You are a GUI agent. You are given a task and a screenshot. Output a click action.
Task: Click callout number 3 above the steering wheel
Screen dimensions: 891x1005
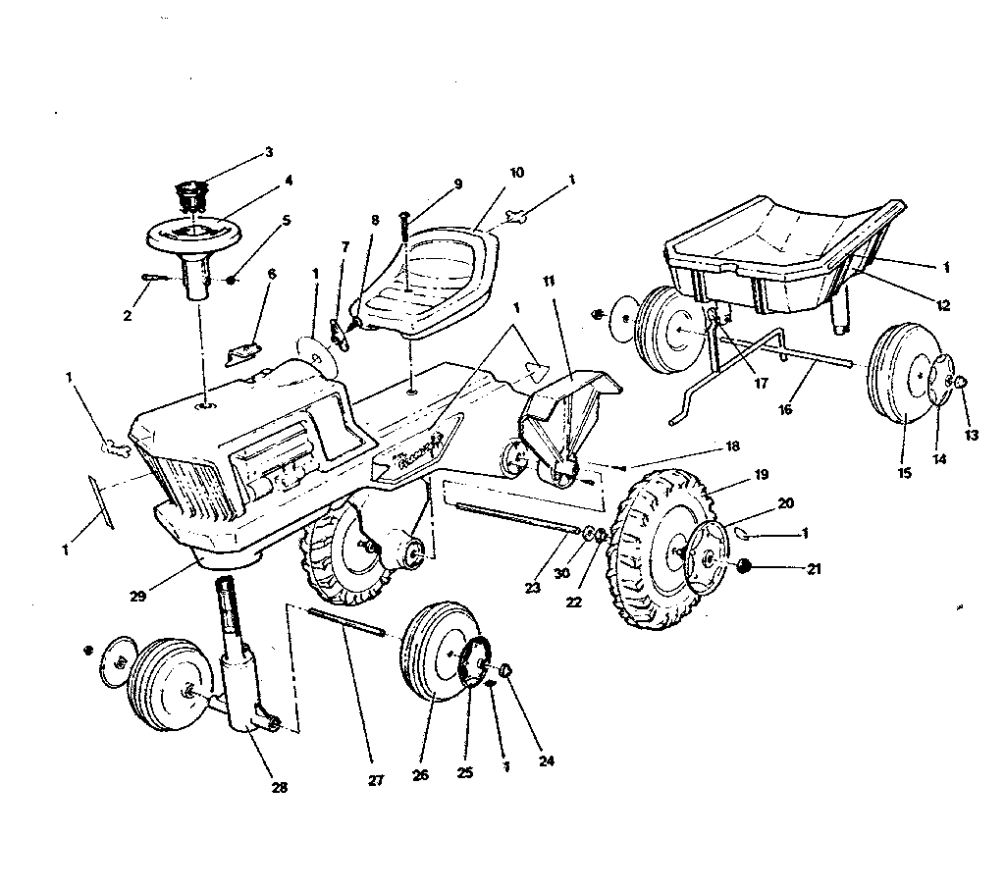[x=268, y=152]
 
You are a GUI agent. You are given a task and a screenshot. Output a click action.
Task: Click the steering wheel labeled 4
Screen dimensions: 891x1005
[x=197, y=235]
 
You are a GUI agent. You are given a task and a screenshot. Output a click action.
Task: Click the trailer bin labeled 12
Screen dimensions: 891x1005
[x=775, y=245]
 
